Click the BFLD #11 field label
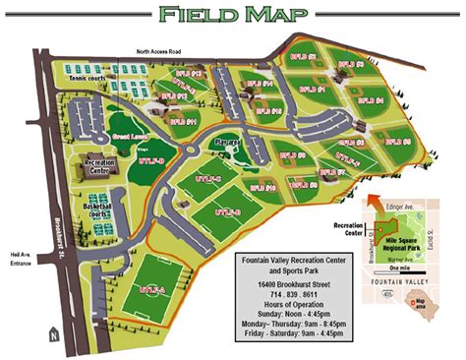(x=183, y=122)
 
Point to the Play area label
(x=227, y=141)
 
